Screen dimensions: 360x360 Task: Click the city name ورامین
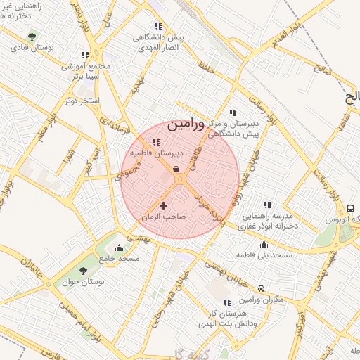pos(186,125)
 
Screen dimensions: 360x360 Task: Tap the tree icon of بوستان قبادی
pos(31,36)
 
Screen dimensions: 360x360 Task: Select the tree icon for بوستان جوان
pos(83,270)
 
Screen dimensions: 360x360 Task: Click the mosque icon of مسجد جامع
pos(118,247)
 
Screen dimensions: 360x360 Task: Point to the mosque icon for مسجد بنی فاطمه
pos(264,244)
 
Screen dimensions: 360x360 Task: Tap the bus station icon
pos(350,208)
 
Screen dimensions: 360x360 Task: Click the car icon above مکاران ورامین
pos(261,289)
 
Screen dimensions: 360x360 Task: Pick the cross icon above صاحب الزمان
pos(164,205)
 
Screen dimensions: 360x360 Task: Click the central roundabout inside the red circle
pos(181,181)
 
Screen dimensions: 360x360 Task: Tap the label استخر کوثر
pos(81,101)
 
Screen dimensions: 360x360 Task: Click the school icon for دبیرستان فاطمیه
pos(155,141)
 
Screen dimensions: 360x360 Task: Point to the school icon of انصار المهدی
pos(158,26)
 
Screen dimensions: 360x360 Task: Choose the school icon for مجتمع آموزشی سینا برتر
pos(85,55)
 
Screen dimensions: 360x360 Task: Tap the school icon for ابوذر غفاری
pos(266,204)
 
